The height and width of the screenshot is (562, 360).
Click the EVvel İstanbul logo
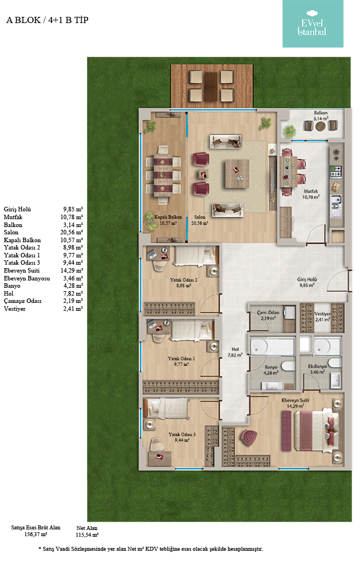click(x=313, y=24)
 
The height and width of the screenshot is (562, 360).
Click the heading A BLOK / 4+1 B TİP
click(x=47, y=20)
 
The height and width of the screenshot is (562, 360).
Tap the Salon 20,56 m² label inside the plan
click(x=199, y=220)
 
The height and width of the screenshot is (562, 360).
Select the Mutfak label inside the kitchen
click(x=311, y=192)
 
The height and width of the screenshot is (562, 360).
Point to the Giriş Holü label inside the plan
click(x=307, y=279)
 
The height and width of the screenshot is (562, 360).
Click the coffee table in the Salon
click(x=237, y=174)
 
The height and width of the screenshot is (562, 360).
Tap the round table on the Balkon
click(x=321, y=126)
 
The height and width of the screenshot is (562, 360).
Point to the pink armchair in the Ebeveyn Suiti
click(x=249, y=437)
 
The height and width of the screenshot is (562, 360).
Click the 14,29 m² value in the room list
click(x=72, y=271)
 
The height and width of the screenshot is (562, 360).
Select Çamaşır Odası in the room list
click(x=22, y=301)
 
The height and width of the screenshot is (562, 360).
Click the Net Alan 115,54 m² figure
click(x=86, y=532)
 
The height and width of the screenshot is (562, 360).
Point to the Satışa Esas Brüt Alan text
click(x=35, y=528)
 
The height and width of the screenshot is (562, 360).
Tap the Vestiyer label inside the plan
click(x=322, y=314)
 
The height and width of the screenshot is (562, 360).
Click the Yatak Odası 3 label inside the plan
click(x=182, y=434)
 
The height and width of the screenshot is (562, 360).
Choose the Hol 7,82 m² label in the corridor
click(x=235, y=352)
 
